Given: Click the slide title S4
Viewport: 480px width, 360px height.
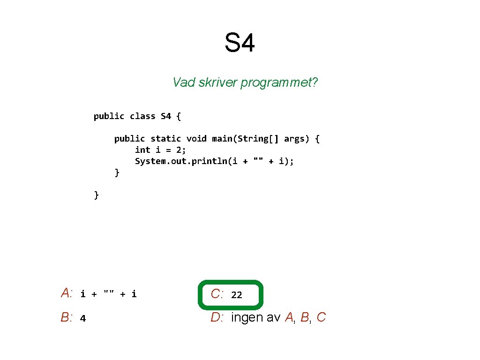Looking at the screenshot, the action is point(240,43).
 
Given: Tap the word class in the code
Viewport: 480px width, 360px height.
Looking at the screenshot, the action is point(142,116).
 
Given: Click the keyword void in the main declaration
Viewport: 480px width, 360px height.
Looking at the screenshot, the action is point(196,138).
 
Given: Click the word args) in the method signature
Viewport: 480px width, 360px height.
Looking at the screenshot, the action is point(297,138).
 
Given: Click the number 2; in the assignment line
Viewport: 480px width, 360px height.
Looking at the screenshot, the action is point(181,150).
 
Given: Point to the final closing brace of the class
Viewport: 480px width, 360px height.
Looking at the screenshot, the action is point(97,195).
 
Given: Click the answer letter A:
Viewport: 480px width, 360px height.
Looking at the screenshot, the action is point(67,294).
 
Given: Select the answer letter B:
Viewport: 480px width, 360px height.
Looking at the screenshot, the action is point(67,318).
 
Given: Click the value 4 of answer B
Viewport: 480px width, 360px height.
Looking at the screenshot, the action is point(83,319).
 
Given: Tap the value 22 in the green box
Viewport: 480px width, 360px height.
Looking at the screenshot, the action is point(237,295).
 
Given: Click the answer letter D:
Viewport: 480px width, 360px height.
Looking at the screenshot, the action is point(217,318).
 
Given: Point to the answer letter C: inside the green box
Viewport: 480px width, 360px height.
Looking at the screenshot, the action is point(217,294).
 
